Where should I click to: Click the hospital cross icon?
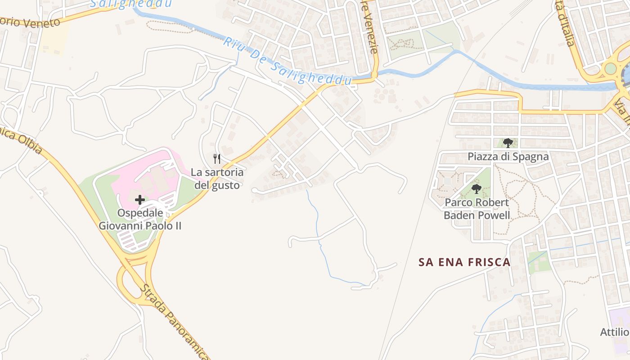coord(140,199)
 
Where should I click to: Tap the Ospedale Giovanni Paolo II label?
coord(140,219)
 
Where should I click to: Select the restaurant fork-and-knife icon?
coord(217,158)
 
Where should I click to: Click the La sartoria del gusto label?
coord(217,179)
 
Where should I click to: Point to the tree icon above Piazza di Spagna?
coord(508,143)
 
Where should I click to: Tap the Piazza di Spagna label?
coord(508,157)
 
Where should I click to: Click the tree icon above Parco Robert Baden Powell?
coord(477,189)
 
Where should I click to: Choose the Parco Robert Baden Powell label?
coord(477,209)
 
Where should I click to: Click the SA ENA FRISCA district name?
coord(464,262)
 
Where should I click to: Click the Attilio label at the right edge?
coord(615,332)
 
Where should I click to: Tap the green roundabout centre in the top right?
coord(610,68)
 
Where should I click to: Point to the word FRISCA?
coord(489,262)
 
